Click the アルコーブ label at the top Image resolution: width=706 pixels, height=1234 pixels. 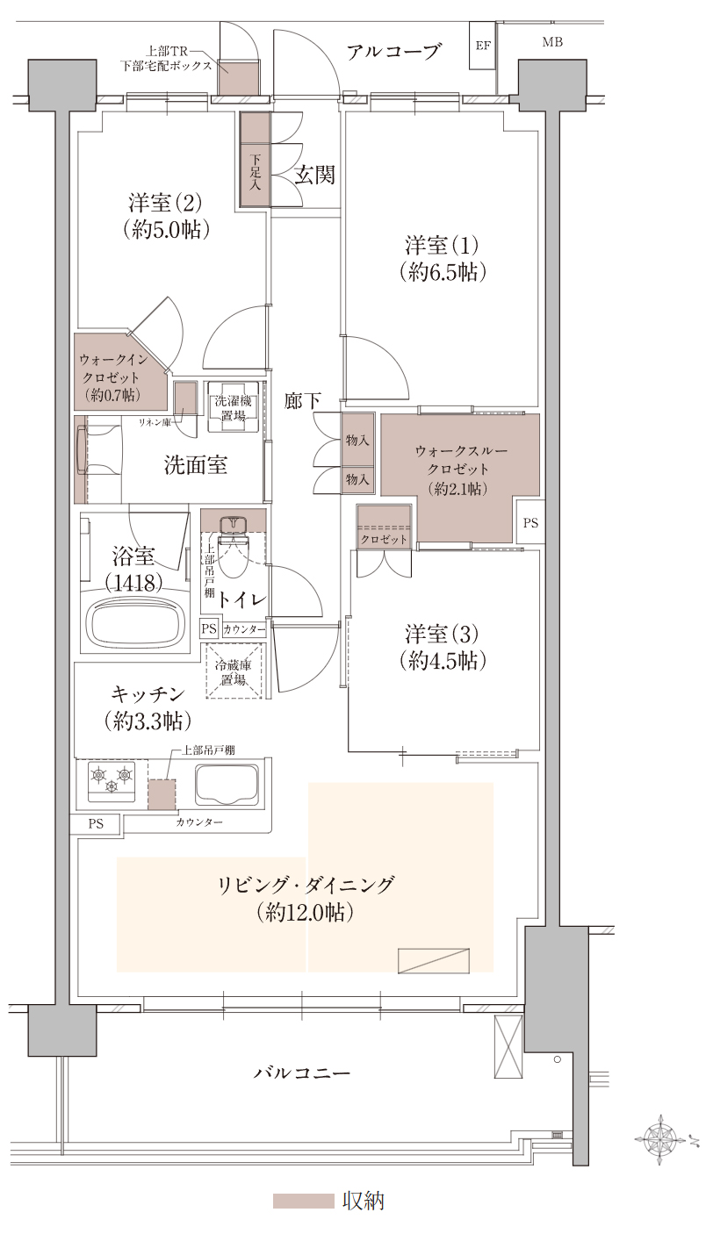click(x=393, y=52)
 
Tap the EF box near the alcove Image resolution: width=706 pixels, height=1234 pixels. click(x=482, y=45)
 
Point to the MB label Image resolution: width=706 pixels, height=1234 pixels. click(x=551, y=42)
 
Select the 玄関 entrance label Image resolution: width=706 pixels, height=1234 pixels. click(x=313, y=175)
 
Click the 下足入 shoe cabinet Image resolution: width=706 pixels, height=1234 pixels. click(x=255, y=159)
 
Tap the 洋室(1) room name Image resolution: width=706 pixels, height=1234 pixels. click(x=442, y=245)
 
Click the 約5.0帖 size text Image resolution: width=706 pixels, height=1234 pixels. click(x=166, y=229)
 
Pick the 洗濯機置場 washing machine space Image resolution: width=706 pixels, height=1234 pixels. click(x=233, y=407)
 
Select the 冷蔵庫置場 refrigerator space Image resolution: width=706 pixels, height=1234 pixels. click(x=234, y=672)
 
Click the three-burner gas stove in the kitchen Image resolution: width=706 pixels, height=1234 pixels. click(x=112, y=780)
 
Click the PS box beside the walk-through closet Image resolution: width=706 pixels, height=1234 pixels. click(x=529, y=522)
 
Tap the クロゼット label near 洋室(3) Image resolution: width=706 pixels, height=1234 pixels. click(x=384, y=539)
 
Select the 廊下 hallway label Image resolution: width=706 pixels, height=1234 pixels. click(x=302, y=401)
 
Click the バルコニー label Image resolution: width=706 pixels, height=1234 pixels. click(x=301, y=1072)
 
